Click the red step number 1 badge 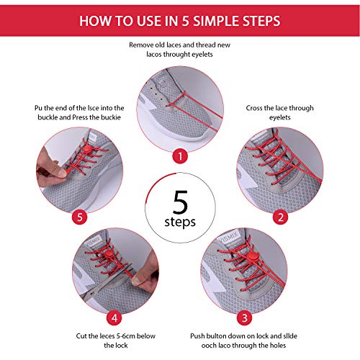(x=180, y=156)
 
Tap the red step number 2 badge (x=280, y=217)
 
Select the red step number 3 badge (x=244, y=318)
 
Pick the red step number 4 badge (x=114, y=318)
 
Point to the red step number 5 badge (x=79, y=217)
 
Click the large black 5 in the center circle (x=180, y=202)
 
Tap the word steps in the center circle (x=180, y=222)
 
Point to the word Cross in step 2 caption (x=254, y=108)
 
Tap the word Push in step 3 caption (x=197, y=336)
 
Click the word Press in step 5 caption (x=80, y=117)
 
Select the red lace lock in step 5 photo (x=87, y=149)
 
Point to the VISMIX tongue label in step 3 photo (x=228, y=238)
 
